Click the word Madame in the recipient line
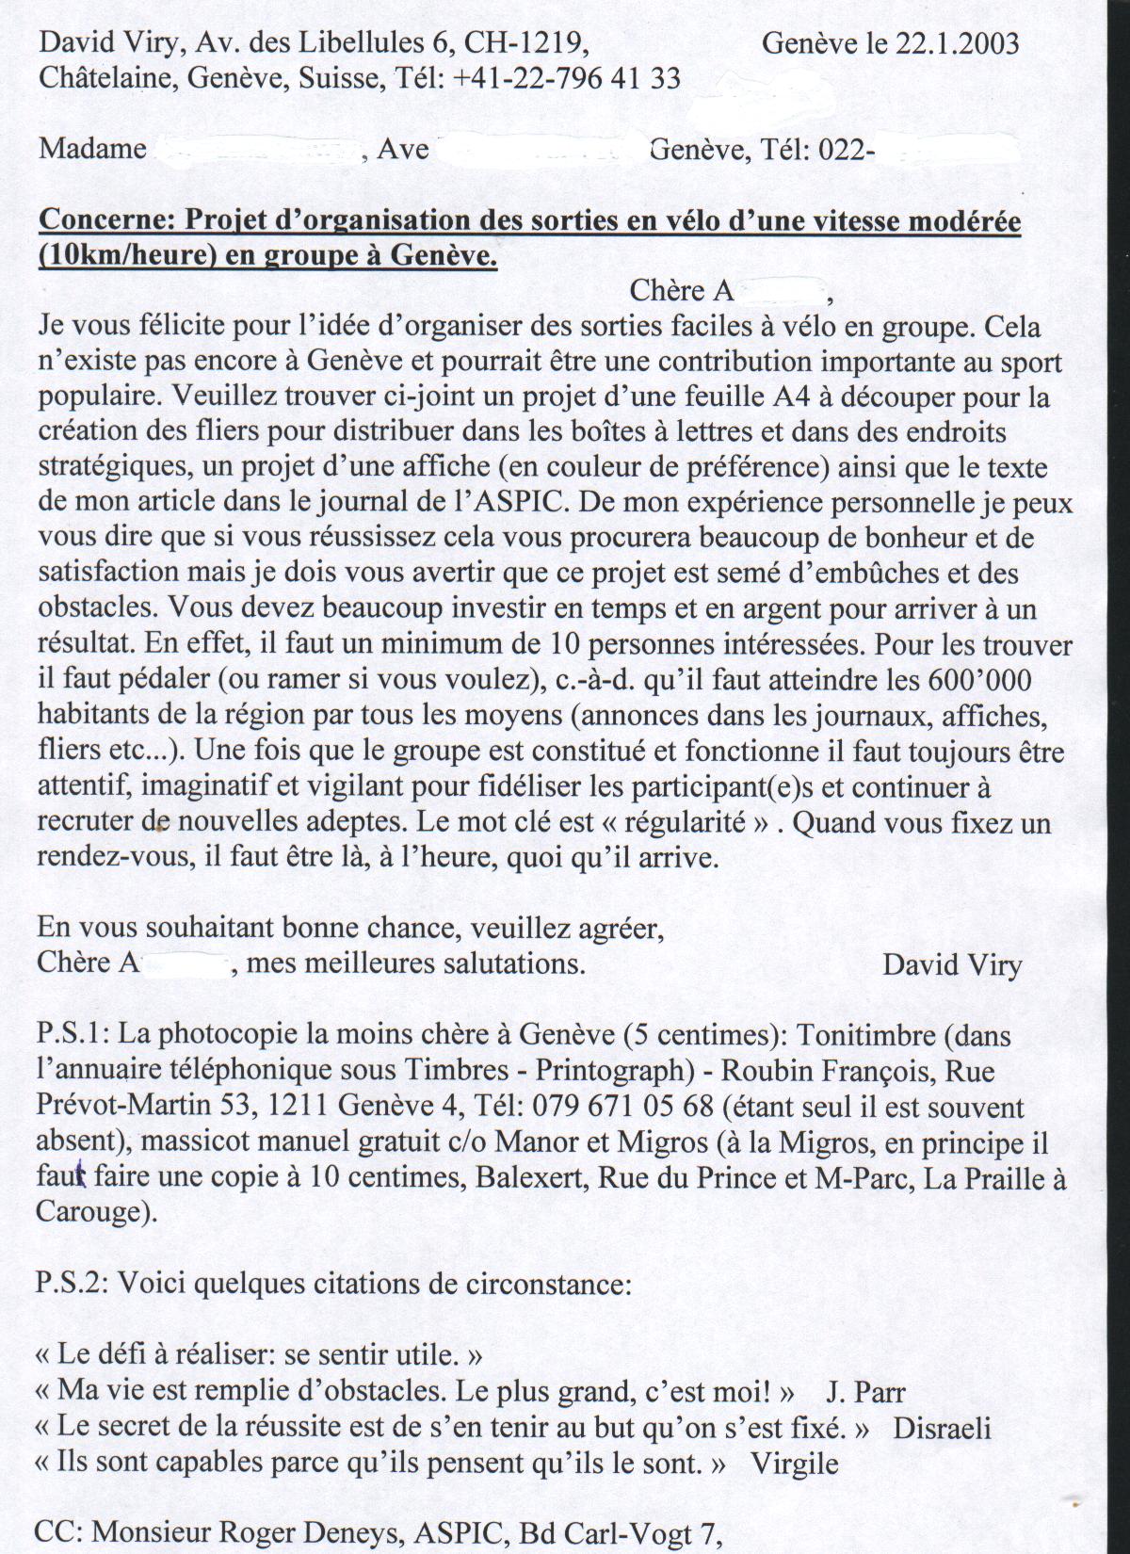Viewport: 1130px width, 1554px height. (x=92, y=149)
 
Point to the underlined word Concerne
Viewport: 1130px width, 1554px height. (x=105, y=221)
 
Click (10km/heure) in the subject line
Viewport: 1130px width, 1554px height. (x=122, y=256)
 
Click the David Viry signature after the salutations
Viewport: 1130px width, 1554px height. (x=951, y=964)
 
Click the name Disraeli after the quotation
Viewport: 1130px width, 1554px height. (x=942, y=1428)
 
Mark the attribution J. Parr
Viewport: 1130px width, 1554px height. (x=865, y=1392)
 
